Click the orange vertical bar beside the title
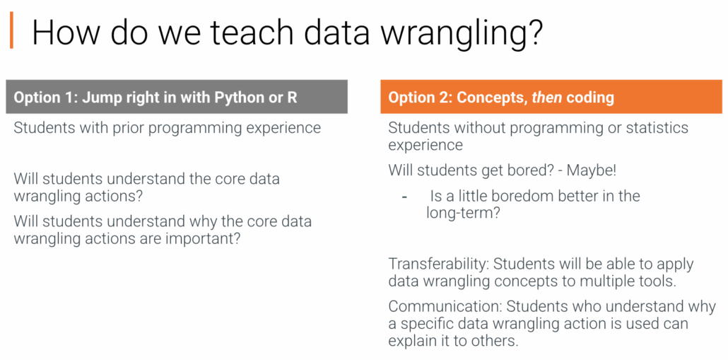coord(11,30)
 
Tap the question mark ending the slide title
coord(534,32)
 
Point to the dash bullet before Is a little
coord(405,197)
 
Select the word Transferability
coord(438,265)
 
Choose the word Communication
coord(445,307)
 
